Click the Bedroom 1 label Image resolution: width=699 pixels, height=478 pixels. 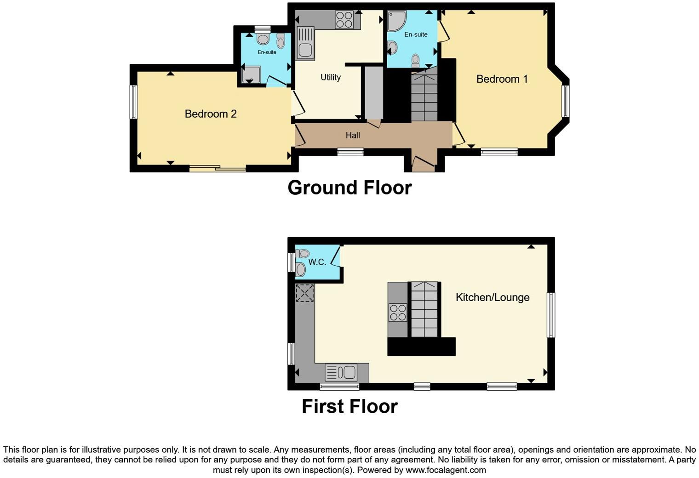[502, 79]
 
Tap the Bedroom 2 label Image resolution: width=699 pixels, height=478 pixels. [211, 114]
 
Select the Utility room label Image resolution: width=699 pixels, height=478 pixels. [331, 77]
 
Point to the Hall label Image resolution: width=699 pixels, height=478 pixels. [353, 135]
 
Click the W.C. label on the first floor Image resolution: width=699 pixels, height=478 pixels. [317, 262]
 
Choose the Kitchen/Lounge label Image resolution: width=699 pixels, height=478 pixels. [492, 297]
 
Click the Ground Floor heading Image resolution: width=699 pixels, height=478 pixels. [349, 188]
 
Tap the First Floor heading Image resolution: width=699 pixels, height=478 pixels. [349, 406]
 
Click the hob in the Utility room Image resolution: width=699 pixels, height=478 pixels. [344, 20]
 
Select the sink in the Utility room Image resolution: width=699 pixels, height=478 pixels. [305, 43]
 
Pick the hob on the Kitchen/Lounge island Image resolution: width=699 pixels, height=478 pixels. [398, 313]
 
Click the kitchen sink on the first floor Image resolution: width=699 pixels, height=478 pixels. [341, 372]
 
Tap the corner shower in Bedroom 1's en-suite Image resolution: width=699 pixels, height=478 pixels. [396, 21]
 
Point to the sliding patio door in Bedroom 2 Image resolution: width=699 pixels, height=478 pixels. [218, 169]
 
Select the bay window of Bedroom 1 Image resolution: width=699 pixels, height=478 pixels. [565, 101]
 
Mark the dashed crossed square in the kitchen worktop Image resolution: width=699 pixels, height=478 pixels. [304, 293]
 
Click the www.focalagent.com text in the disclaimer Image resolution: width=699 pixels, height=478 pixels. [445, 470]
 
